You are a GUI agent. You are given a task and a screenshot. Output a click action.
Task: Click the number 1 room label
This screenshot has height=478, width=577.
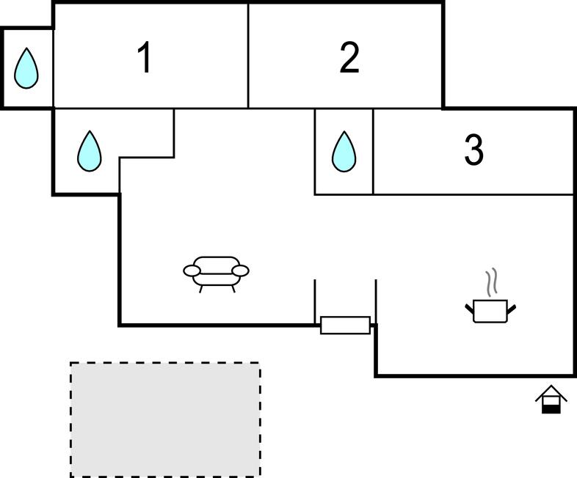coord(145,58)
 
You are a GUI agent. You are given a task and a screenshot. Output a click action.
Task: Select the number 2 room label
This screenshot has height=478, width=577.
coord(349,58)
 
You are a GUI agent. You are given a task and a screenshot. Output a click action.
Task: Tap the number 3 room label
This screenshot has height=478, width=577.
coord(474,150)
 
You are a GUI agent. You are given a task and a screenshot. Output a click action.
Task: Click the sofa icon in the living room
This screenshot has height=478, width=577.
coord(216,271)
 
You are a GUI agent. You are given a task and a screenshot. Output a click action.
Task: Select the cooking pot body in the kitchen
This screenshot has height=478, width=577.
coord(490,310)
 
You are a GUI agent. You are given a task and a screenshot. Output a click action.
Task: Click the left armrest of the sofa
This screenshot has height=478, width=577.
coord(192,271)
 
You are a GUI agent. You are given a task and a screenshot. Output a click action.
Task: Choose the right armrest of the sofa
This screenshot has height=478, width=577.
coord(240,271)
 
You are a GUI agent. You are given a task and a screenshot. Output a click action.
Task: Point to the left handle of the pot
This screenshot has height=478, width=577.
coord(470,308)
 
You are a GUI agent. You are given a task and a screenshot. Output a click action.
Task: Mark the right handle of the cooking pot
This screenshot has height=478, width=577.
coord(511,308)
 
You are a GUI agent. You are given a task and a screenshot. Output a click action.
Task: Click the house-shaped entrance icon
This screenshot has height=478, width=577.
coord(551,399)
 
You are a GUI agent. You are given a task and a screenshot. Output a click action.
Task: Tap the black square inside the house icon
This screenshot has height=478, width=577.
coord(551,408)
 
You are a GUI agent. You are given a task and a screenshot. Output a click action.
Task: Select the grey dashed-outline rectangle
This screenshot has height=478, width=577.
coord(165,419)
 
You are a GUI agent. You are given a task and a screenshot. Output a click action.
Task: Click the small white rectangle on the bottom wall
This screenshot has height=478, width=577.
coord(345,325)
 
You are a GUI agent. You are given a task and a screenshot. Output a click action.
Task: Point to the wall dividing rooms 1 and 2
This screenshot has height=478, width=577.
coord(248,56)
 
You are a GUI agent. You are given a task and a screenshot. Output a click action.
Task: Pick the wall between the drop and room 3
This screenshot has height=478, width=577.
coord(373,151)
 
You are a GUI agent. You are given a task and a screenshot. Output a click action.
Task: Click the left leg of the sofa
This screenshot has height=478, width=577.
coord(201,289)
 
